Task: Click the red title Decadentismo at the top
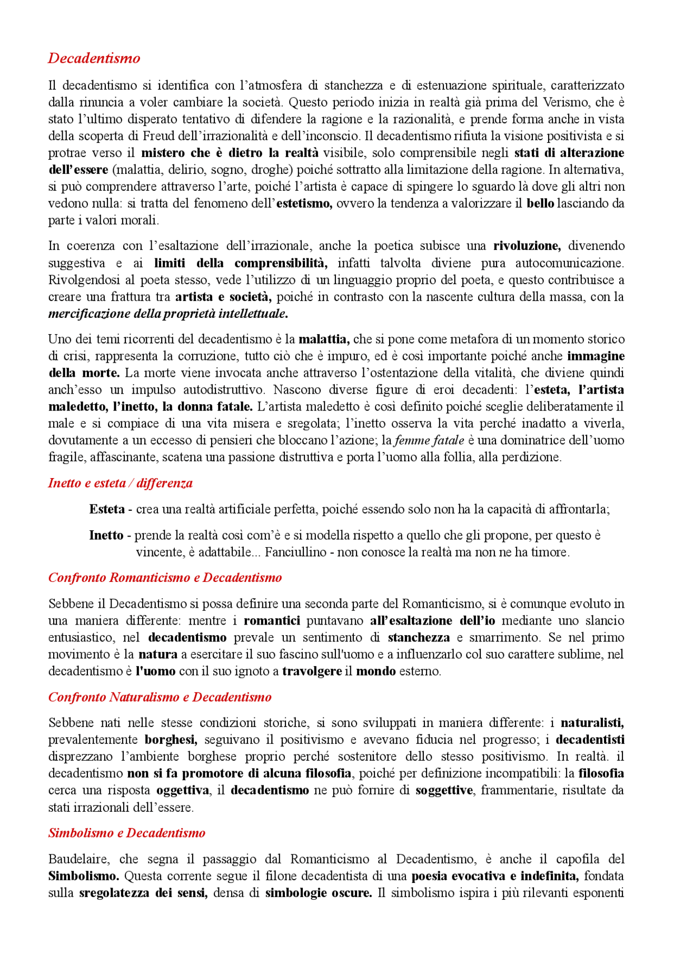point(94,58)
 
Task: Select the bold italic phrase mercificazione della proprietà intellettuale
point(168,314)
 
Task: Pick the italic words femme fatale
point(429,440)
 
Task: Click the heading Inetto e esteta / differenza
point(120,483)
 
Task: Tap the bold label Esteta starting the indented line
point(107,509)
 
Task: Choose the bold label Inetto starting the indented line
point(106,536)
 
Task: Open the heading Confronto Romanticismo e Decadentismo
point(165,578)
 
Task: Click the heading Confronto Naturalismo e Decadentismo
point(160,697)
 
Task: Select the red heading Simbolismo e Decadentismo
point(126,833)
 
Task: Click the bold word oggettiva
point(183,791)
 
